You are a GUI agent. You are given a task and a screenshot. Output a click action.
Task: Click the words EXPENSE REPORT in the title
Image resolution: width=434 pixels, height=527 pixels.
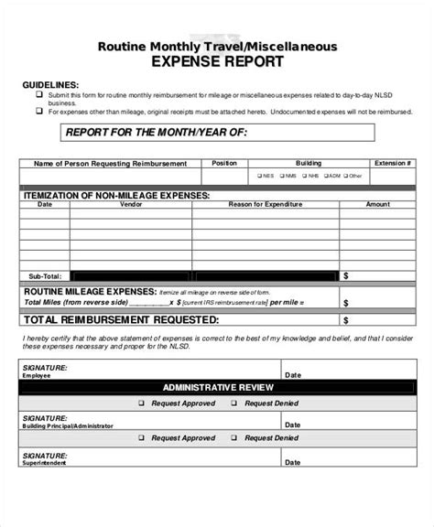point(217,63)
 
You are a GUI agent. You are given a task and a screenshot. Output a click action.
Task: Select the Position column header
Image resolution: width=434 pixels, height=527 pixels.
point(223,163)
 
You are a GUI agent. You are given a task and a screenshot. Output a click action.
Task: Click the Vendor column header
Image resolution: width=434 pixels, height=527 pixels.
point(119,204)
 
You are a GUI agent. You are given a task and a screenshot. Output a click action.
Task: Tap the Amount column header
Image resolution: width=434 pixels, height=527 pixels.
point(377,204)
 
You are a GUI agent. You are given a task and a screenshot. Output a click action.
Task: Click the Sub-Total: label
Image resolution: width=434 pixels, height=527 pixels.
point(44,274)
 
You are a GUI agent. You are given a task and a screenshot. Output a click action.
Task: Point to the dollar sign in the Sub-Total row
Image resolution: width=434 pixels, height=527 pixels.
point(345,274)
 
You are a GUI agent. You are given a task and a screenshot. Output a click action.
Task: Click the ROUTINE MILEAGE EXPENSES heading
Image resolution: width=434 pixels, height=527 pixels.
point(88,291)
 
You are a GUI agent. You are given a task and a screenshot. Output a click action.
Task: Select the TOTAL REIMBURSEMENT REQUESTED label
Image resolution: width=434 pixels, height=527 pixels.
point(120,320)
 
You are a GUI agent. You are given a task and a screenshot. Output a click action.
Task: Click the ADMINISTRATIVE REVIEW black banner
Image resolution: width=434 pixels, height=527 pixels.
point(217,388)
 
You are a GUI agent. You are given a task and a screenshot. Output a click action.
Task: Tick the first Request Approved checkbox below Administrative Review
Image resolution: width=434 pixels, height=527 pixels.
point(142,403)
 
